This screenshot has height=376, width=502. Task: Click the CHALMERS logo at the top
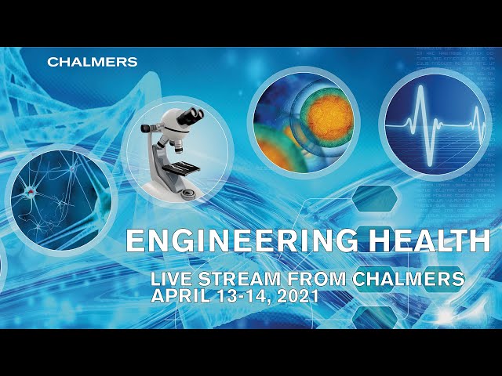(x=93, y=62)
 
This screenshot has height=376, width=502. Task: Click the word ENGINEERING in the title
(x=242, y=240)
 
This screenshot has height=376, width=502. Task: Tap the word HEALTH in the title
(x=430, y=240)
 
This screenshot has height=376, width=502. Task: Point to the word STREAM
(x=239, y=279)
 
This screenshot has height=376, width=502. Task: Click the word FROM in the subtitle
(x=317, y=279)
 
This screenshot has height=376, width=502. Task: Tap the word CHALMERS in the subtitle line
(x=409, y=279)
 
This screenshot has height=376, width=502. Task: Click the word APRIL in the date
(x=181, y=296)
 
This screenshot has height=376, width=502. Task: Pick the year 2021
(x=298, y=296)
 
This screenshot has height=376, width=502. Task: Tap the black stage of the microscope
(x=181, y=168)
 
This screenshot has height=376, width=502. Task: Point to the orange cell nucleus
(x=329, y=117)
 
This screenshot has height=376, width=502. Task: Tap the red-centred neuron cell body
(x=31, y=191)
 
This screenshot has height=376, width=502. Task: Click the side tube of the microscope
(x=149, y=128)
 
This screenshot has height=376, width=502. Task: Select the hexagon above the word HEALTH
(x=375, y=198)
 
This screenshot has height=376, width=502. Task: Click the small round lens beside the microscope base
(x=188, y=193)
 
